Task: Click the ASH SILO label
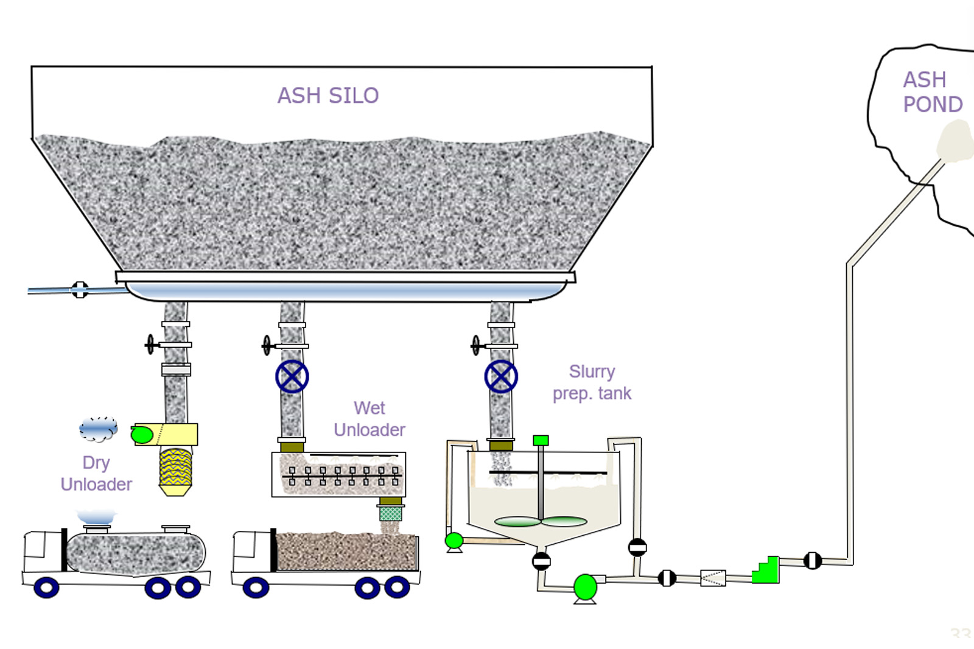click(328, 96)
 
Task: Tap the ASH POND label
click(931, 92)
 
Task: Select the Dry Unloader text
click(96, 474)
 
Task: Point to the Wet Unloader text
click(370, 419)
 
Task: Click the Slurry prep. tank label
click(592, 382)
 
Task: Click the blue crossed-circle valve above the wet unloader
click(292, 376)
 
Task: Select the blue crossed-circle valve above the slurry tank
click(501, 376)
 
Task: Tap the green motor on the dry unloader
click(142, 434)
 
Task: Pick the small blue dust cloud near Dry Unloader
click(98, 429)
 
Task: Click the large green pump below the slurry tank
click(586, 587)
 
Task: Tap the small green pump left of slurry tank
click(454, 540)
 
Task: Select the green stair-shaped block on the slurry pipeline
click(766, 570)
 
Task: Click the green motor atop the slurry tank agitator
click(541, 440)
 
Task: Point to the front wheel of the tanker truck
click(46, 588)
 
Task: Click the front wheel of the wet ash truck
click(256, 588)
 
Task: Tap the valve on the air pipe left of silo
click(80, 290)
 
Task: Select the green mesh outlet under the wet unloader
click(390, 513)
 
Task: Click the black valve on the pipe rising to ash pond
click(813, 560)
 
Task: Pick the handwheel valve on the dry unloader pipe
click(150, 345)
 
